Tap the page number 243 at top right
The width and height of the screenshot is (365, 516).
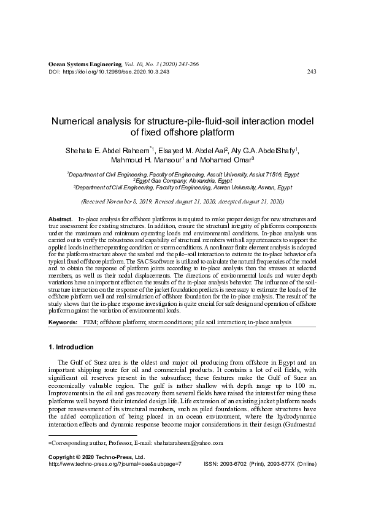click(x=310, y=72)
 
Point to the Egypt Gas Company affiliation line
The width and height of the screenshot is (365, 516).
click(x=182, y=181)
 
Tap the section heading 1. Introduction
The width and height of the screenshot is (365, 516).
click(x=71, y=347)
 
